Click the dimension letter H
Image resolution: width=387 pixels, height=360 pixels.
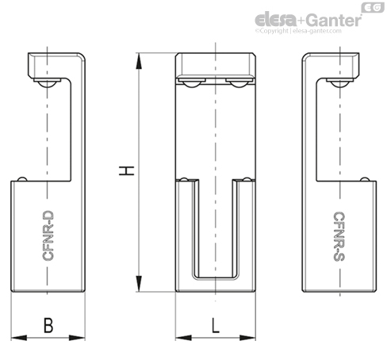[127, 170]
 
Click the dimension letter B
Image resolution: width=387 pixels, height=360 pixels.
[48, 325]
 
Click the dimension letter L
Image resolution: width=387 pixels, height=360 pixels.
[216, 325]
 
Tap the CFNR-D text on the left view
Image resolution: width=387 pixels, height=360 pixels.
[48, 236]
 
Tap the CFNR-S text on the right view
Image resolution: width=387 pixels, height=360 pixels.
[339, 236]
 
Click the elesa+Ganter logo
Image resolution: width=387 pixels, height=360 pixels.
[308, 21]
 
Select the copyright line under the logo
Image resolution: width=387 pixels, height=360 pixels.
[298, 31]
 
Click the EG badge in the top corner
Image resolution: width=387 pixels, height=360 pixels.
[373, 7]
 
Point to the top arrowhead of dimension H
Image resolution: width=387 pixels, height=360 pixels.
[139, 61]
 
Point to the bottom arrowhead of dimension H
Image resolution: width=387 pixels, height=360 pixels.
[139, 284]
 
